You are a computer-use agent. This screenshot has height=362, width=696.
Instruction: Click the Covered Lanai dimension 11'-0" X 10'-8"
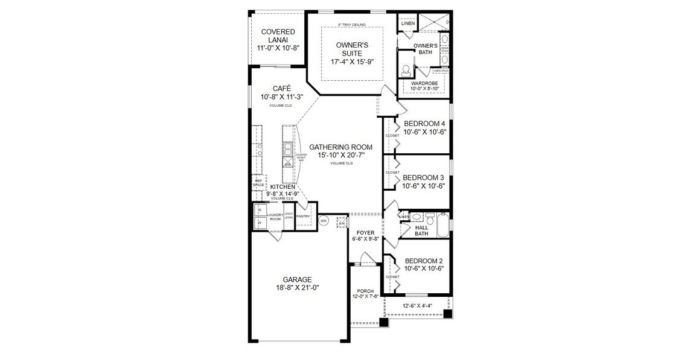(x=278, y=48)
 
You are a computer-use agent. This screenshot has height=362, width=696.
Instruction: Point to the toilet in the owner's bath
(x=406, y=69)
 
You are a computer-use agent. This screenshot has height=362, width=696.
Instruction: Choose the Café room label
(x=281, y=88)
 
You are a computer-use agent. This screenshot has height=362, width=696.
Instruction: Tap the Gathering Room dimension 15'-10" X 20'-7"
(x=340, y=155)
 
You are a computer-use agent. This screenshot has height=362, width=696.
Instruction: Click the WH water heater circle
(x=324, y=221)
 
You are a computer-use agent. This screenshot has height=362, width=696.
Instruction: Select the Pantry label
(x=303, y=216)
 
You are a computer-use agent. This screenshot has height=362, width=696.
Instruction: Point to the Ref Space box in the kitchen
(x=258, y=183)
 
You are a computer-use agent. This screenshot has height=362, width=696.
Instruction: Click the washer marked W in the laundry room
(x=260, y=222)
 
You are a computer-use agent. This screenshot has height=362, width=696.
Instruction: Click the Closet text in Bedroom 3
(x=392, y=173)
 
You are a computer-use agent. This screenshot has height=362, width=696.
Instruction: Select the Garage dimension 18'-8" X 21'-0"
(x=297, y=288)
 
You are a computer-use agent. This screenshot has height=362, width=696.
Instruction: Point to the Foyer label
(x=365, y=232)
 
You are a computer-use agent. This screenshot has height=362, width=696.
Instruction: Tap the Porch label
(x=365, y=291)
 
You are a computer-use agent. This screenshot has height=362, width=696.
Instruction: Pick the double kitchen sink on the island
(x=288, y=147)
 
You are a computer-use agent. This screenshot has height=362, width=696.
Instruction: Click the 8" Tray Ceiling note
(x=352, y=25)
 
